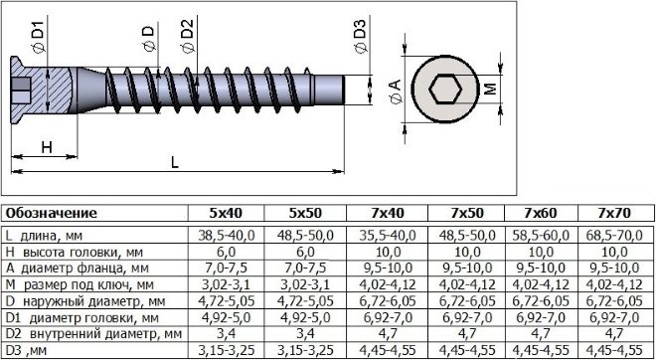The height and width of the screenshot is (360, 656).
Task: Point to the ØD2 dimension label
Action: tap(188, 37)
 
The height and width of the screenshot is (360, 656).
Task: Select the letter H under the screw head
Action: tap(47, 147)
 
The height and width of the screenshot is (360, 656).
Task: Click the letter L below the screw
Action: tap(175, 162)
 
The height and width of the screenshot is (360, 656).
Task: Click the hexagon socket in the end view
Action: tap(445, 90)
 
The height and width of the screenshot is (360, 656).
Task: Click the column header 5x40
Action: tap(226, 213)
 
